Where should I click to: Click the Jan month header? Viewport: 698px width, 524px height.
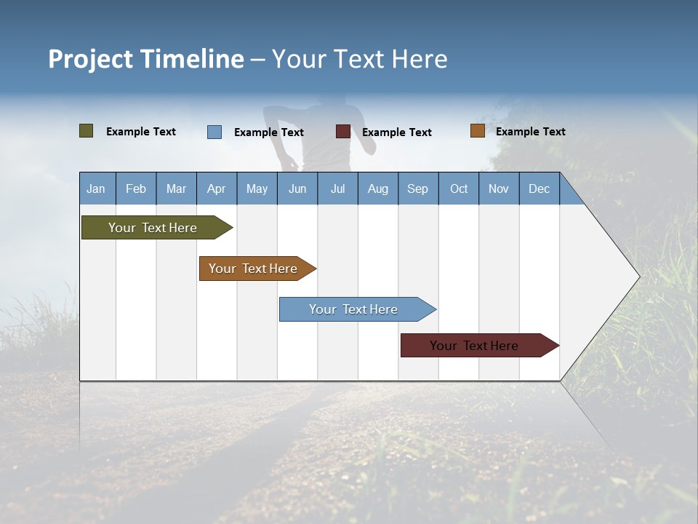96,188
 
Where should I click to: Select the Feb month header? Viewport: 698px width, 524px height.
136,188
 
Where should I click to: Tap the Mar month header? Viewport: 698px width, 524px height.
176,188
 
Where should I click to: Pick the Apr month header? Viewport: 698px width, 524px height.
217,188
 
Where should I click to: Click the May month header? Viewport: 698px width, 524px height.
257,188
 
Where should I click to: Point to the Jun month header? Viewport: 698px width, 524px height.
297,188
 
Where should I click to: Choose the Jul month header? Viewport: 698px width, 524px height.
337,188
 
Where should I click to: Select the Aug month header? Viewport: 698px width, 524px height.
378,188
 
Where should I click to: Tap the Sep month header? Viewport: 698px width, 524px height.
418,188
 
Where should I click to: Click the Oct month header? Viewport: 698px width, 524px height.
459,188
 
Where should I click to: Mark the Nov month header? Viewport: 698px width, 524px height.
499,188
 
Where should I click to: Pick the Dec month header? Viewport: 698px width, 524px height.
539,188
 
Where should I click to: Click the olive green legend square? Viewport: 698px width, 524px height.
87,131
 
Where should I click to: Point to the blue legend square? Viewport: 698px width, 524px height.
214,132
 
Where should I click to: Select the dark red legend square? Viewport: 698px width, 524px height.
343,132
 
